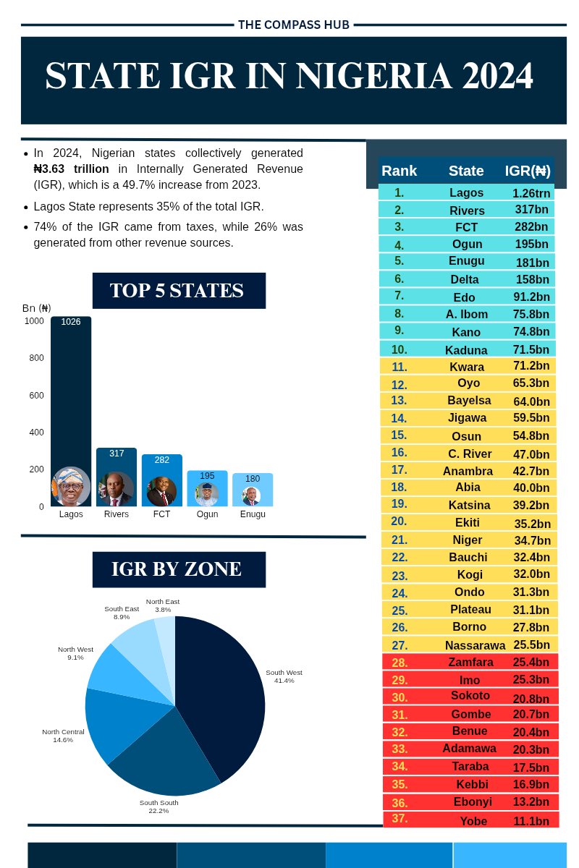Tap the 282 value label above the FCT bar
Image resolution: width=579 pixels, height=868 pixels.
[x=161, y=460]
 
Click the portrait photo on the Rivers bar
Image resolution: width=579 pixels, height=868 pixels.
[x=116, y=489]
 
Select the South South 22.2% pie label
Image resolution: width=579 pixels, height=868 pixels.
[x=159, y=807]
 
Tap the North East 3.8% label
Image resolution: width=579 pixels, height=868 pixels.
[x=162, y=605]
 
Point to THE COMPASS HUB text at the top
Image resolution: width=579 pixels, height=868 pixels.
[x=294, y=25]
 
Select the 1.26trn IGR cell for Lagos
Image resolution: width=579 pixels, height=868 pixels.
[x=532, y=193]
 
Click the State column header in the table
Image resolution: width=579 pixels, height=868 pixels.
[x=466, y=171]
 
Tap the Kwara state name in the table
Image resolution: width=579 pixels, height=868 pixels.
[x=467, y=367]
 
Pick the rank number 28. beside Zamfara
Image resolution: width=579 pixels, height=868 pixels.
[x=400, y=662]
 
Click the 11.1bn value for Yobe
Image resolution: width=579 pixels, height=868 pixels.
[x=531, y=821]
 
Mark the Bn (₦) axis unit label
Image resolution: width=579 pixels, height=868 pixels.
[x=36, y=308]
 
